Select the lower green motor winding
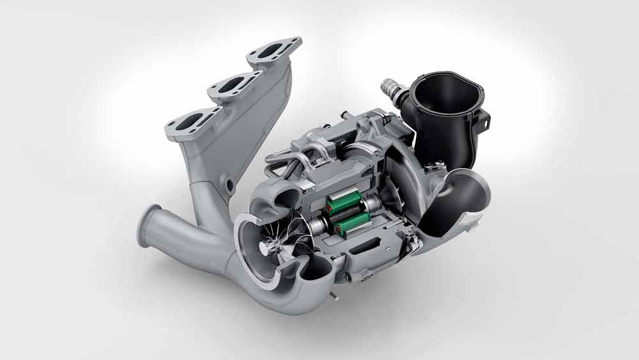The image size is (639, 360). point(354,224)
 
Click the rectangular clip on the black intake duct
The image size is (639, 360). point(483,119)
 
